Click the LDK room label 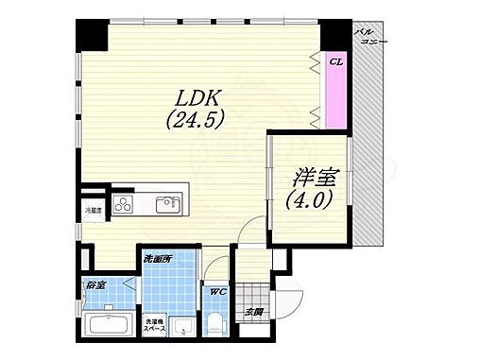tap(197, 97)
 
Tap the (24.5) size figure tap(196, 120)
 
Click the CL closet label tap(335, 62)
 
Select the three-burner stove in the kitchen tap(126, 203)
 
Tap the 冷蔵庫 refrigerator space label tap(93, 210)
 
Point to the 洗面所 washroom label tap(156, 258)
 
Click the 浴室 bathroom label tap(94, 284)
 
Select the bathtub tap(111, 326)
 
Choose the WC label tap(215, 292)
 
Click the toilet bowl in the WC tap(217, 327)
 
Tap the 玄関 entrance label tap(253, 313)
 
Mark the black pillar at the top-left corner tap(91, 36)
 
